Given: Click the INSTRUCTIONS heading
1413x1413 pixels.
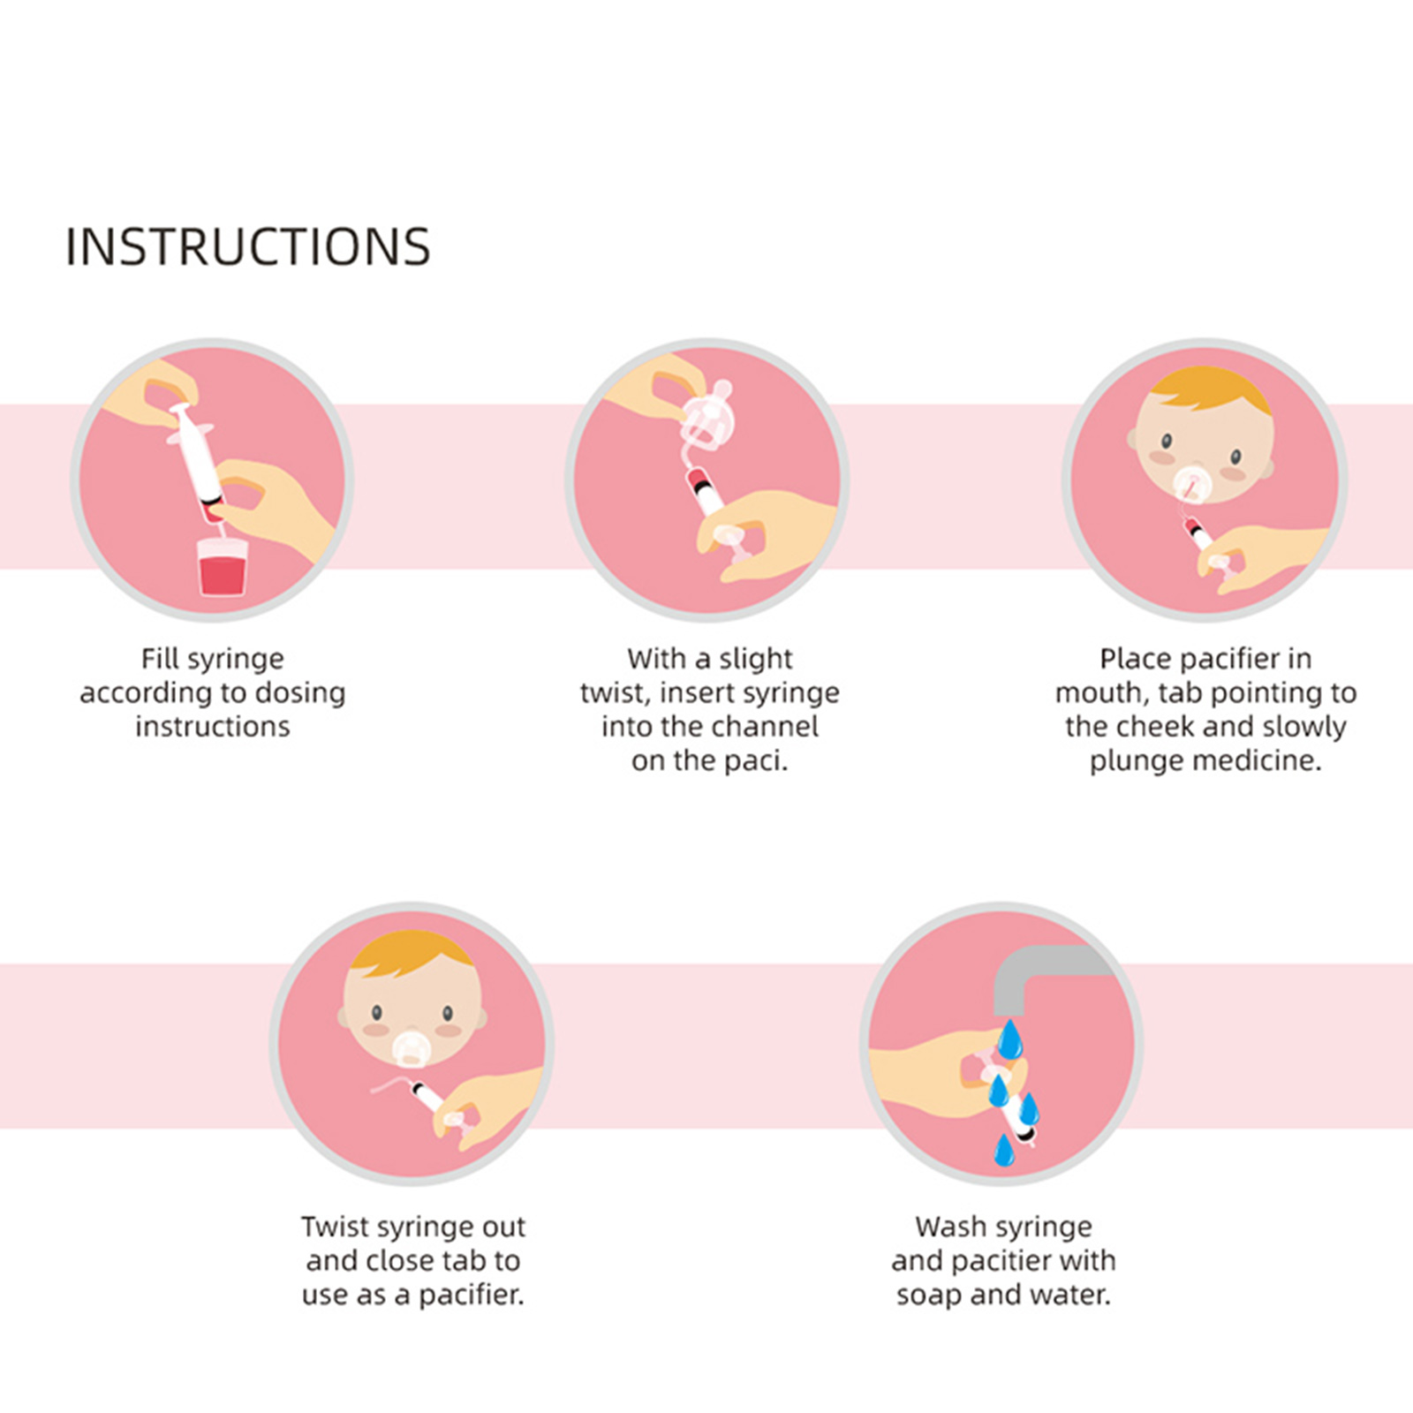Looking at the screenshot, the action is point(248,246).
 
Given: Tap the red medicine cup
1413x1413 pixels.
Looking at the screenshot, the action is point(223,567).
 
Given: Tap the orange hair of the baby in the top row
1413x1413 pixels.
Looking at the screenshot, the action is point(1209,389).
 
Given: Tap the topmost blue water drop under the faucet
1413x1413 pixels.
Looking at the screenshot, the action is point(1010,1039).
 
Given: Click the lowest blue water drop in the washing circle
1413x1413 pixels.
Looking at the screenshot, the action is point(1004,1150).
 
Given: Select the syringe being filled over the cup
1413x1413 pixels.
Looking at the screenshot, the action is point(198,463).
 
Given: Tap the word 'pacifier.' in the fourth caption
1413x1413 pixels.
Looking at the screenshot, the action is point(471,1296).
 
